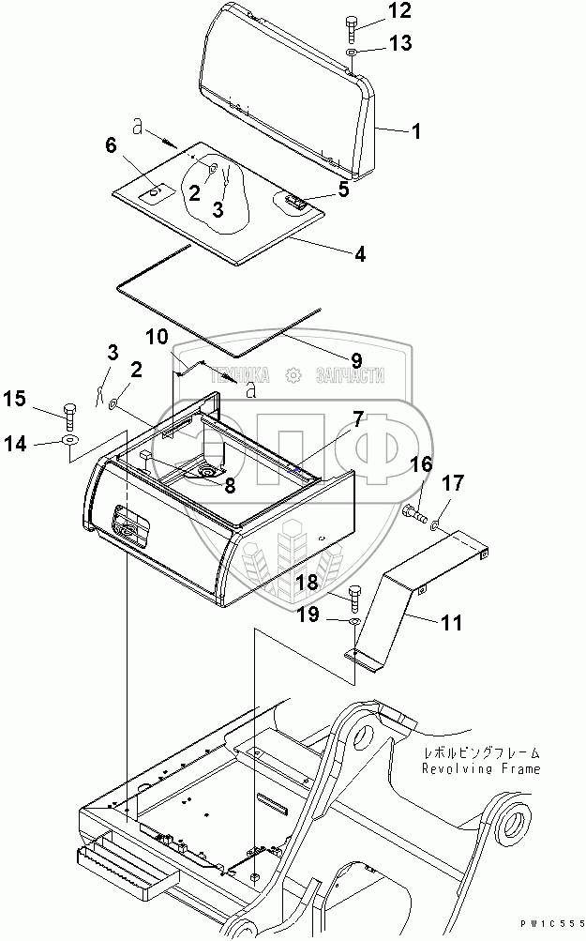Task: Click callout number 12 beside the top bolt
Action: (373, 11)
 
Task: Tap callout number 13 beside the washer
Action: (373, 44)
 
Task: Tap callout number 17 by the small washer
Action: (452, 485)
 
